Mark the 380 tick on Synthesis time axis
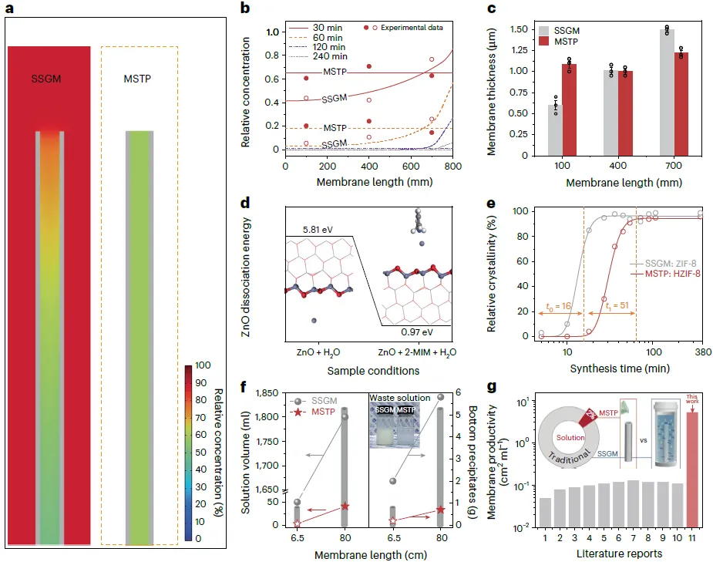click(x=702, y=352)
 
